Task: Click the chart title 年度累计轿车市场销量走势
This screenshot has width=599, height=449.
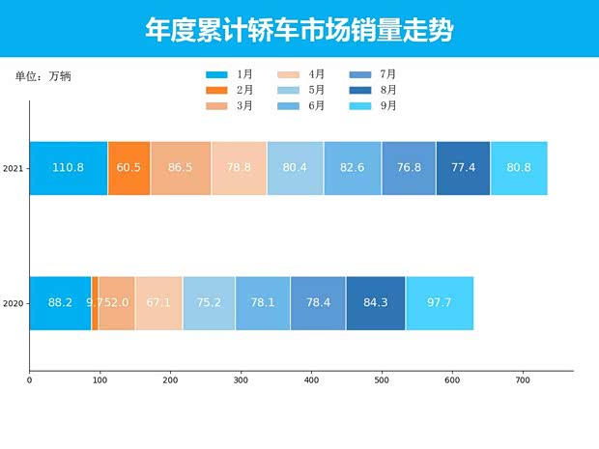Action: [x=299, y=30]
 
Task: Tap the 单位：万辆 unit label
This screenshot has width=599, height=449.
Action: [x=43, y=75]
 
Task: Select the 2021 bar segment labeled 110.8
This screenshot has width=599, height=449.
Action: [x=68, y=168]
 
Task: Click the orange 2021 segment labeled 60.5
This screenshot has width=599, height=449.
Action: [x=128, y=168]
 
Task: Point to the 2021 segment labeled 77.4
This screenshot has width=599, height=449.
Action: [x=463, y=168]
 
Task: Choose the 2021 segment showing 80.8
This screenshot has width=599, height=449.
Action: [x=519, y=168]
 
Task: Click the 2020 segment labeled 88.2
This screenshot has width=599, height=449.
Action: [x=60, y=303]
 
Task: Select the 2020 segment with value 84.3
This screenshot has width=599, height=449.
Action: [x=375, y=303]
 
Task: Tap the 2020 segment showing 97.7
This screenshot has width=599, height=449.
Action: [x=440, y=303]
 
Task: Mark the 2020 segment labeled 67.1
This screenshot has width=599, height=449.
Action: [x=158, y=303]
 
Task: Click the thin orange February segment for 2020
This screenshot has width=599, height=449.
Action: [x=95, y=303]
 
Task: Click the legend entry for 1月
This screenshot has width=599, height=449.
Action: [x=229, y=74]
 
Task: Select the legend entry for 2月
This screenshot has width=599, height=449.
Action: [x=229, y=90]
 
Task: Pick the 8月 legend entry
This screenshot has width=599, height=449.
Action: [x=373, y=90]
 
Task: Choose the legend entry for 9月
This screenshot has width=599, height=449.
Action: [x=373, y=106]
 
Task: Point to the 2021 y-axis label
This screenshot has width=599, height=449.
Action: [x=13, y=169]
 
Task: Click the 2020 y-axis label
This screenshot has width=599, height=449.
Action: [x=13, y=304]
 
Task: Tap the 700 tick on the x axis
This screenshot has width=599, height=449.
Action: [x=523, y=380]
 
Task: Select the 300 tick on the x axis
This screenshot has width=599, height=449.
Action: [x=241, y=380]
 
